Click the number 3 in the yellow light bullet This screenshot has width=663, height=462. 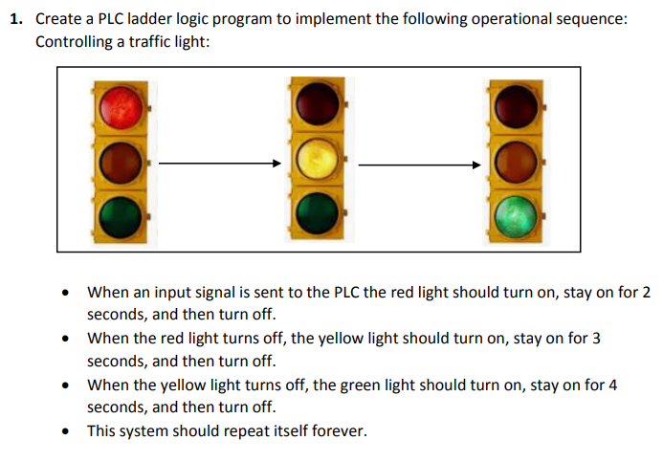[x=595, y=339]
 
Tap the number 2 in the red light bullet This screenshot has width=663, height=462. [x=646, y=292]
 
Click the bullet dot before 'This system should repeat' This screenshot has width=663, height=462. [x=66, y=432]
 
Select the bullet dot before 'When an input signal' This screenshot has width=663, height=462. [x=66, y=293]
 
